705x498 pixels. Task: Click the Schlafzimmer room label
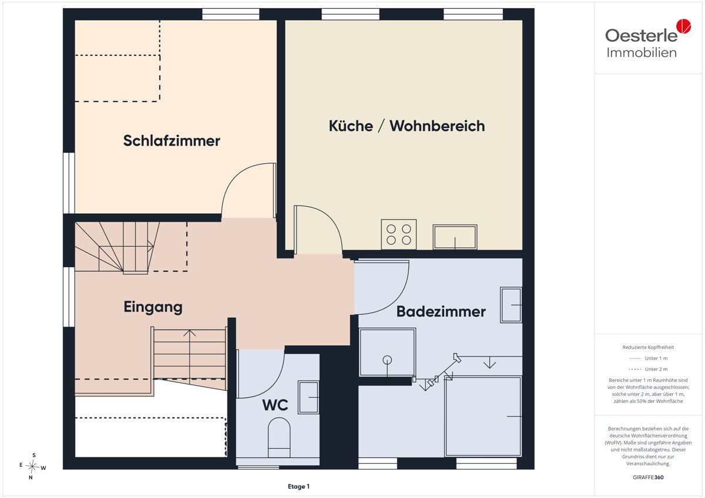click(172, 141)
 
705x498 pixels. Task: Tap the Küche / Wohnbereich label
click(407, 126)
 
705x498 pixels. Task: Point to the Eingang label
click(153, 307)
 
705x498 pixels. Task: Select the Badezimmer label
click(441, 311)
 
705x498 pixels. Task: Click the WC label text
click(275, 405)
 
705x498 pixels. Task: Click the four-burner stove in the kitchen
click(398, 235)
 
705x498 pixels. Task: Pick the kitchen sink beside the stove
click(455, 237)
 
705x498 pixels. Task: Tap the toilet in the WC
click(279, 438)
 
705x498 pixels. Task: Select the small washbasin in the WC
click(308, 397)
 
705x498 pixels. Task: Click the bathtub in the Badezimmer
click(483, 416)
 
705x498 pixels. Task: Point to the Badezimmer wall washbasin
click(511, 305)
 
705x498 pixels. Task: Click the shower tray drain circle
click(387, 360)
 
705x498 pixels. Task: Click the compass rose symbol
click(32, 466)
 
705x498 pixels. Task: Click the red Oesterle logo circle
click(684, 26)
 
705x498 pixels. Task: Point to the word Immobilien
click(642, 52)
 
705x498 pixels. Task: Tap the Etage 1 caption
click(298, 486)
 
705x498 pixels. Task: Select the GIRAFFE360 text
click(648, 477)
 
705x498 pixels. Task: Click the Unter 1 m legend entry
click(648, 358)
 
